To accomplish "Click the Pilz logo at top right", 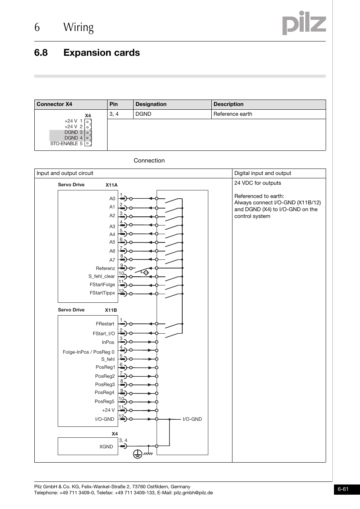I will [x=304, y=23].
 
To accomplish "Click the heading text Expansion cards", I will [x=102, y=53].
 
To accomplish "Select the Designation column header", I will [x=151, y=104].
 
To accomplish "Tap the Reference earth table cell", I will [x=233, y=114].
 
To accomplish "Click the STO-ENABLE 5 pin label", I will [x=66, y=144].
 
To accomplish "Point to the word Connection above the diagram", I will [x=149, y=161].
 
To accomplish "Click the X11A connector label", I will [x=111, y=185].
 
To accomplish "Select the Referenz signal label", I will [x=105, y=268].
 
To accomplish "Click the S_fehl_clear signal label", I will [x=102, y=276].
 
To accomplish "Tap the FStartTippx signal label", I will [x=102, y=293].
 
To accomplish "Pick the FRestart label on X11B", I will [x=105, y=324].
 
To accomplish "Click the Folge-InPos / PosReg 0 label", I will [x=88, y=352].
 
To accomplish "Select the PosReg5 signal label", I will [x=105, y=402].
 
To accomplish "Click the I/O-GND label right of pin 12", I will [x=192, y=419].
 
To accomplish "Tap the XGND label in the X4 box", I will [x=106, y=447].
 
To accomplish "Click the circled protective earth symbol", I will [x=137, y=454].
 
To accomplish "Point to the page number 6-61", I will [x=343, y=489].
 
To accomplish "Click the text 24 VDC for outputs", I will [x=257, y=183].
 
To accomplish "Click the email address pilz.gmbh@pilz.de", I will [x=193, y=493].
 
